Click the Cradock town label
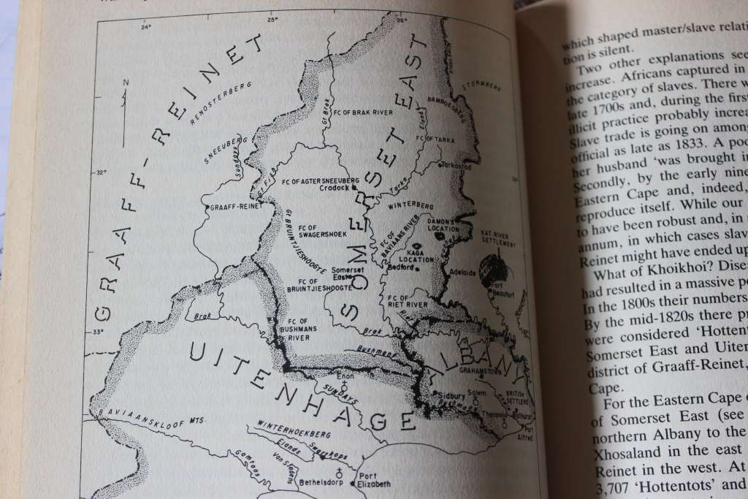pyautogui.click(x=336, y=186)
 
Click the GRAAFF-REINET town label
pyautogui.click(x=231, y=207)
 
